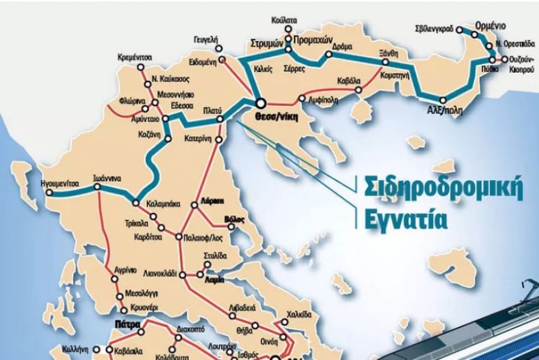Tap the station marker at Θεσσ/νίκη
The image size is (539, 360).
261,103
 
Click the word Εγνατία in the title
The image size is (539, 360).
395,218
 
